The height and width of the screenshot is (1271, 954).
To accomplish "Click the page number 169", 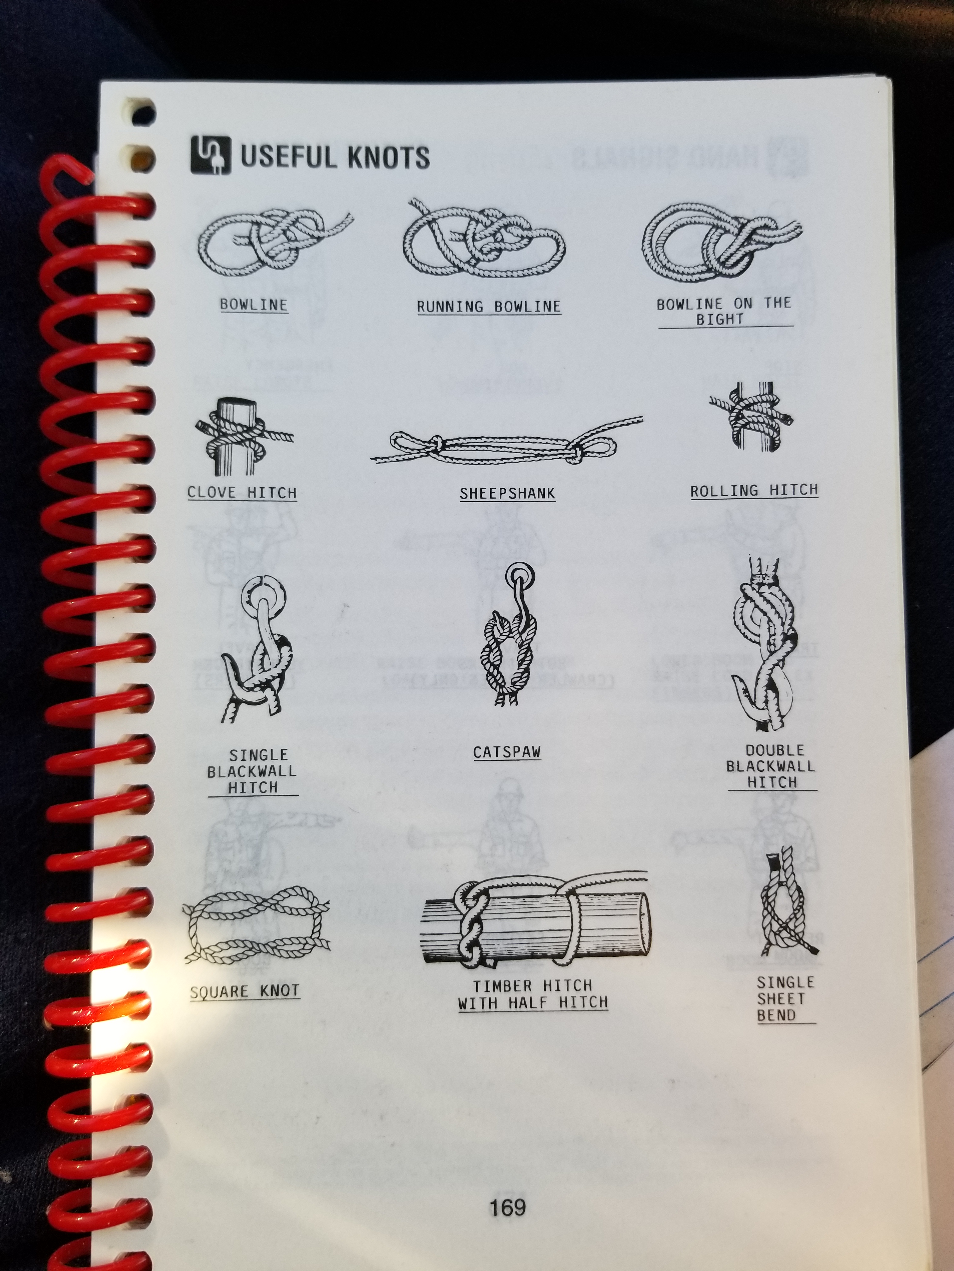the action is (507, 1207).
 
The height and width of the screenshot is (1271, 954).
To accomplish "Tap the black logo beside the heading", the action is (210, 154).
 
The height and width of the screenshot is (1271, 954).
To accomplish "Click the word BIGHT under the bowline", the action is (720, 319).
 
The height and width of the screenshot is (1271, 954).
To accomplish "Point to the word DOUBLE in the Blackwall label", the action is (774, 751).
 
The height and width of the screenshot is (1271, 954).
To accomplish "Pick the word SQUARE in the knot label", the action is (219, 992).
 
